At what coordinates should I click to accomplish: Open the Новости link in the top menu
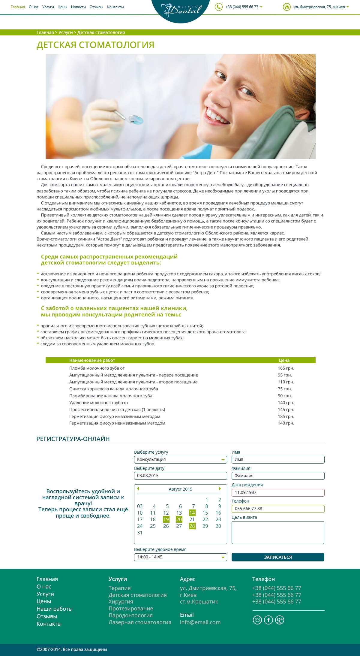pos(78,7)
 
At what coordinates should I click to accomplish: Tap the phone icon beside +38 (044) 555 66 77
pos(219,7)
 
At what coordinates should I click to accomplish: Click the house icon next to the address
pos(287,7)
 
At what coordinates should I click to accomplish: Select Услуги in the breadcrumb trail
pos(65,32)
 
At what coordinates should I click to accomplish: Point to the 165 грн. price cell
pos(286,368)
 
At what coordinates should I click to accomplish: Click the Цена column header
pos(284,360)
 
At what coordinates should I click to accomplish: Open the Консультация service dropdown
pos(180,460)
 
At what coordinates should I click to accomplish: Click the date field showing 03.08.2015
pos(180,476)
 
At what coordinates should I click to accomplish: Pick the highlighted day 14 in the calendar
pos(192,513)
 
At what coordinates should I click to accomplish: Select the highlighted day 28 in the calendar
pos(192,526)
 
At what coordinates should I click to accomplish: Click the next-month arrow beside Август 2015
pos(220,489)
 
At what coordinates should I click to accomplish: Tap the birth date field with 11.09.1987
pos(278,492)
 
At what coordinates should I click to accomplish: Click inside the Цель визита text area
pos(278,533)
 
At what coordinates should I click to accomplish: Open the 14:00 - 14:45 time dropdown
pos(180,557)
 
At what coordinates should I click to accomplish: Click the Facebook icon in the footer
pos(268,620)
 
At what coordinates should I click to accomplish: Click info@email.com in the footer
pos(200,622)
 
